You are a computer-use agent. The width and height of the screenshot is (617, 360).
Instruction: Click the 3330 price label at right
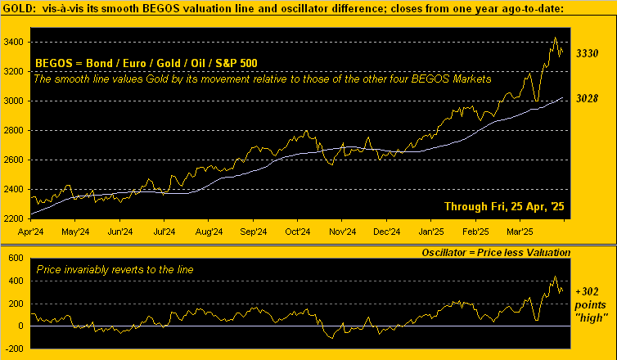588,53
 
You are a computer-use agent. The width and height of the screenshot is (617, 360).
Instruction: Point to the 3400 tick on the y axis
16,42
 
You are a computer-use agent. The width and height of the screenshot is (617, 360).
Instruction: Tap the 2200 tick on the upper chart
16,219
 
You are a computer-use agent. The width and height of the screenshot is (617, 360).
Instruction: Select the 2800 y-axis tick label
16,131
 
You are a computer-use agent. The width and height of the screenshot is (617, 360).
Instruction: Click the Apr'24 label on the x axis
30,232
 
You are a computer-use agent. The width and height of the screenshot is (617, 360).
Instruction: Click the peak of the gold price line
556,38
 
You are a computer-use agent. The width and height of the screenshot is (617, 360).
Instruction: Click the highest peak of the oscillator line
556,277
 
